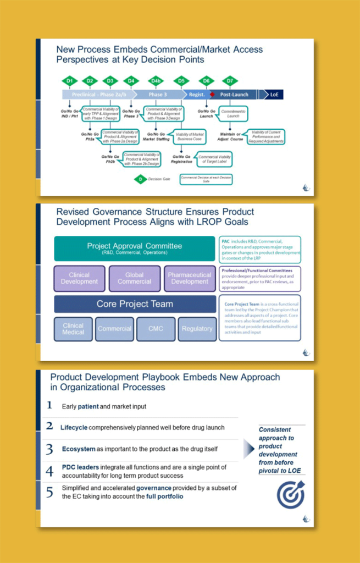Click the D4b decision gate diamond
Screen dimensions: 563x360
tap(156, 81)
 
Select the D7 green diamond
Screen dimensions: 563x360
tap(230, 81)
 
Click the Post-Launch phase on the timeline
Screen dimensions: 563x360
tap(235, 95)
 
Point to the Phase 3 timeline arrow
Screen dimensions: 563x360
tap(156, 95)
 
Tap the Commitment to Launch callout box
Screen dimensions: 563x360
tap(234, 114)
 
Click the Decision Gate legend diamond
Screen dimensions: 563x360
tap(140, 179)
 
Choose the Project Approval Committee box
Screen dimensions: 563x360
tap(134, 249)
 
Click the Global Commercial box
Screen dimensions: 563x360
tap(134, 278)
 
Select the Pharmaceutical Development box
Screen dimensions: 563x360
tap(190, 278)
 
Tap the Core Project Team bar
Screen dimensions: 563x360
tap(135, 303)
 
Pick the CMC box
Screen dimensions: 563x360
tap(156, 329)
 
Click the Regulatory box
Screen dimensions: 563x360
tap(197, 329)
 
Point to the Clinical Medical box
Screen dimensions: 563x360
tap(73, 329)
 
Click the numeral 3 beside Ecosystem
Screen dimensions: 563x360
tap(49, 449)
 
